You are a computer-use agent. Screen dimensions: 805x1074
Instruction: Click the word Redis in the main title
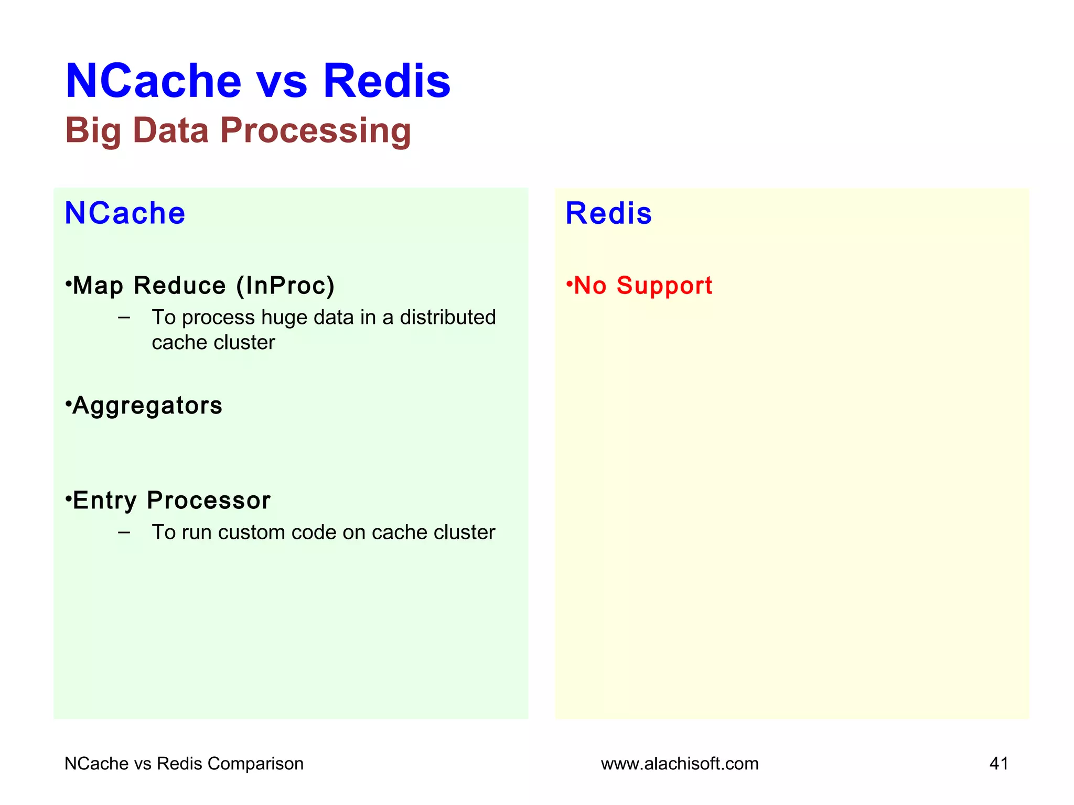pos(386,81)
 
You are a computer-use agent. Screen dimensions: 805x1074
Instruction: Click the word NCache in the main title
pos(153,81)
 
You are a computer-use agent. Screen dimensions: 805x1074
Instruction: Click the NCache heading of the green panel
pos(125,213)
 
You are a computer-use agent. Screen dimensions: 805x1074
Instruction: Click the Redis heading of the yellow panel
pos(608,213)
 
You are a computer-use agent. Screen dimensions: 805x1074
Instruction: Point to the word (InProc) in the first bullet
pos(285,286)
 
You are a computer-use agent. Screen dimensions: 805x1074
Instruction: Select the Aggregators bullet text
pos(147,406)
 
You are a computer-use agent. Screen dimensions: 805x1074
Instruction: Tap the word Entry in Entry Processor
pos(105,501)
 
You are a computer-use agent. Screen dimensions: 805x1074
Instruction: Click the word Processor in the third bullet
pos(209,501)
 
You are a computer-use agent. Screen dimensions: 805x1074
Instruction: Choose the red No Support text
pos(643,286)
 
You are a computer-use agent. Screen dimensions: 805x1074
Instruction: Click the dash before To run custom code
pos(124,532)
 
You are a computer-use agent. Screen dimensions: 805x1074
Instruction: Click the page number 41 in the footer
pos(998,764)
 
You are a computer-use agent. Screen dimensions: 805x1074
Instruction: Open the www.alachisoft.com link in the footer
pos(680,764)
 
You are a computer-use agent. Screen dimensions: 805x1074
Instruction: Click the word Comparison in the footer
pos(255,764)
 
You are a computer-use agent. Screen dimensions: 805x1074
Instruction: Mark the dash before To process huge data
pos(124,317)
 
